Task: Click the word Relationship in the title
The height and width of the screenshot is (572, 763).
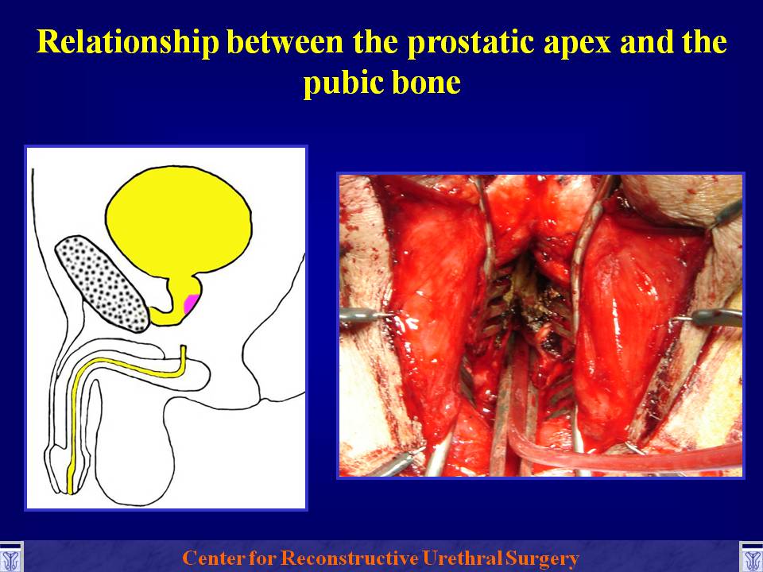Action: pos(127,42)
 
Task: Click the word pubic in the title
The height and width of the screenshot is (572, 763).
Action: pos(343,83)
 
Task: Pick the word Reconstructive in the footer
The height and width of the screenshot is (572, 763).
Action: pos(349,558)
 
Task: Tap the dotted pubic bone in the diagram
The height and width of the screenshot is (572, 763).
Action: pos(103,284)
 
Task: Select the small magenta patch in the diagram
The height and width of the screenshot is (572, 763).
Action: pos(190,303)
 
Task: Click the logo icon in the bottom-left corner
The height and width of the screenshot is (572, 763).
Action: pos(10,558)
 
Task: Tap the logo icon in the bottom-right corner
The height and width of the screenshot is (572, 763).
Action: pos(751,558)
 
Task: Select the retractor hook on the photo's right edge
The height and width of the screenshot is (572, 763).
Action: pos(711,317)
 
